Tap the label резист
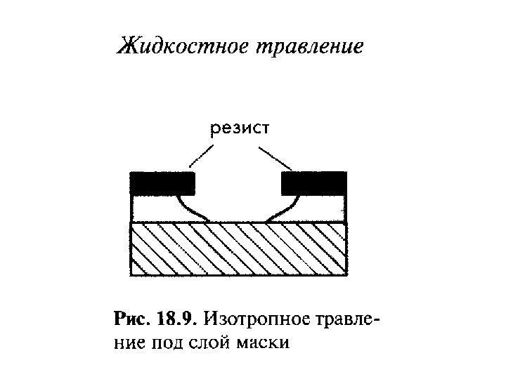coord(239,128)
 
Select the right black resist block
coord(313,183)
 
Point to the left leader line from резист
coord(201,156)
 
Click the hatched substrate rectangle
coord(239,248)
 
